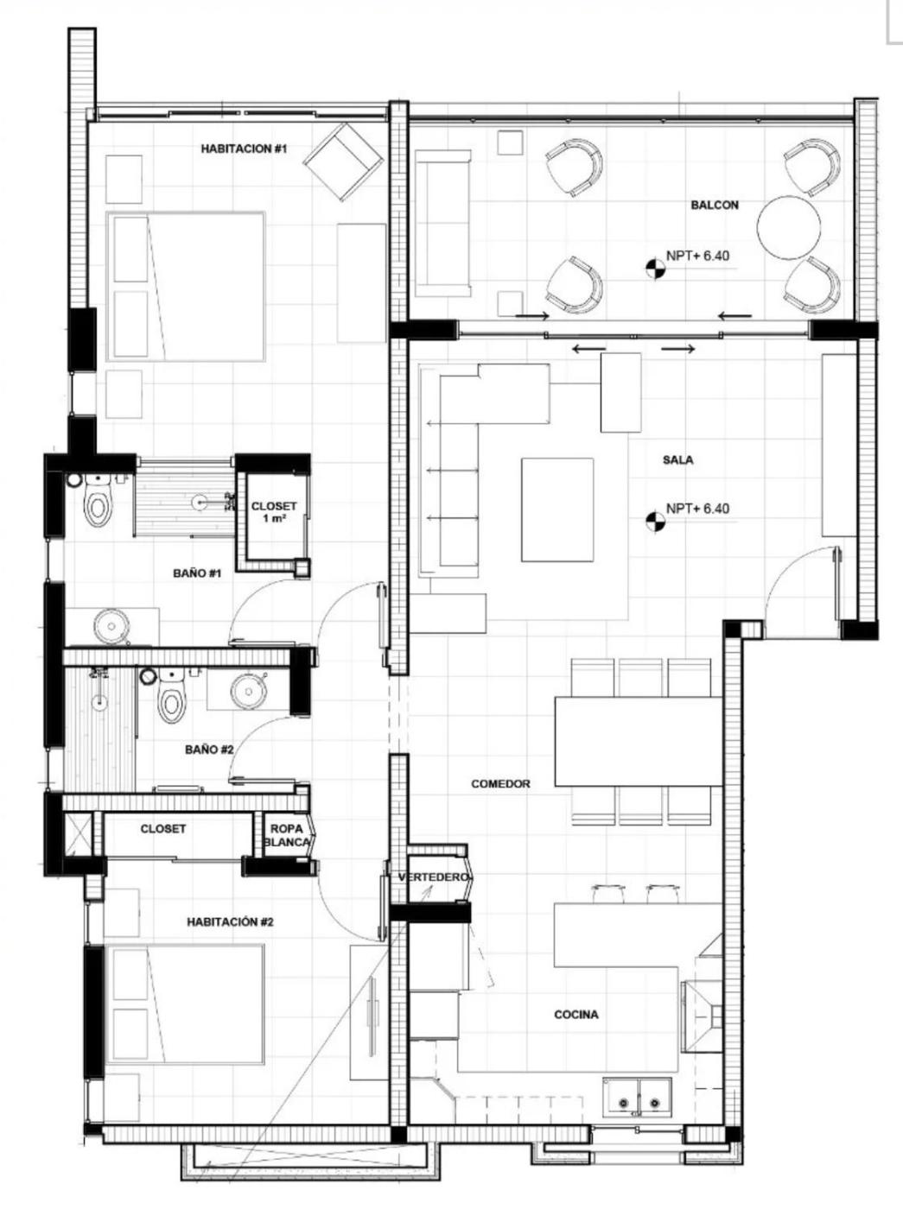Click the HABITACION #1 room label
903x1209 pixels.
pos(244,149)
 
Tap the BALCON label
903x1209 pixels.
pos(715,205)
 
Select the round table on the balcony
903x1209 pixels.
pos(789,227)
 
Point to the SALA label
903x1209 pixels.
pos(677,460)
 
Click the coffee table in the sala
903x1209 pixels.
pos(557,510)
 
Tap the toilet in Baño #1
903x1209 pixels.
pos(98,500)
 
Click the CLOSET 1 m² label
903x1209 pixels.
pos(274,512)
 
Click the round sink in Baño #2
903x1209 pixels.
pos(249,688)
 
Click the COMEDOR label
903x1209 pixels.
pos(501,784)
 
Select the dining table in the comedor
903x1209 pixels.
pos(638,741)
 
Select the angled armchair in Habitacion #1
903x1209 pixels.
pos(344,162)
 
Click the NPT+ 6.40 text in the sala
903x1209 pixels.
pos(698,509)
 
